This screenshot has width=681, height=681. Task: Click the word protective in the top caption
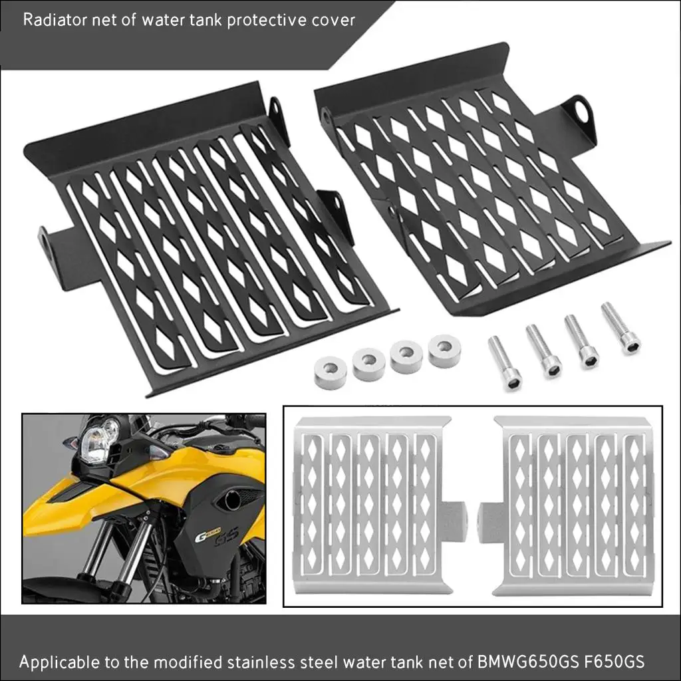(x=269, y=19)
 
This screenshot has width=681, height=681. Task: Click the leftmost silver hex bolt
(x=505, y=362)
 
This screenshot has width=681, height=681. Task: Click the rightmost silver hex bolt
(x=620, y=329)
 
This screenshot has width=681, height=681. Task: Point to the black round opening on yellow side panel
(x=230, y=499)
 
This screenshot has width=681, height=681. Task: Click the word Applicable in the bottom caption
(x=57, y=662)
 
